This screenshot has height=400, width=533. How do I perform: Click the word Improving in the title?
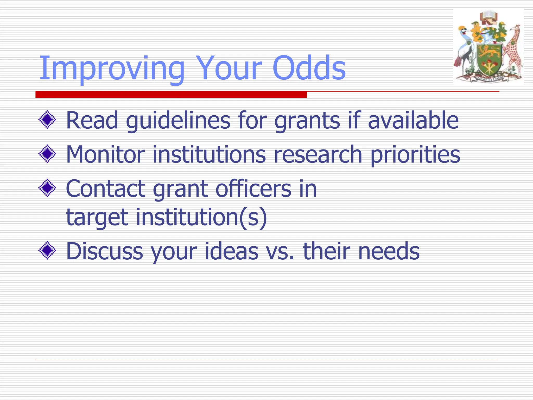point(112,68)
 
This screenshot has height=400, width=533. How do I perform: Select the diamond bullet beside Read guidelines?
point(47,120)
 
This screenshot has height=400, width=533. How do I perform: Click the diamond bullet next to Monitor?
point(47,154)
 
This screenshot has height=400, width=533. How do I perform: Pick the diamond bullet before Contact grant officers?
point(47,188)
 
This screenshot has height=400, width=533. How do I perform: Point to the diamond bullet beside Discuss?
point(47,251)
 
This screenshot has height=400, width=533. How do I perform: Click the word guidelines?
point(178,120)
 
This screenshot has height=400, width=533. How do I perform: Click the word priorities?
point(415,154)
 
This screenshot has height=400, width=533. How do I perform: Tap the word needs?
point(389,251)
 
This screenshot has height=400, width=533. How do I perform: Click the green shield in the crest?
point(489,59)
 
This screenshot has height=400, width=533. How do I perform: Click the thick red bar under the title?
point(171,95)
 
